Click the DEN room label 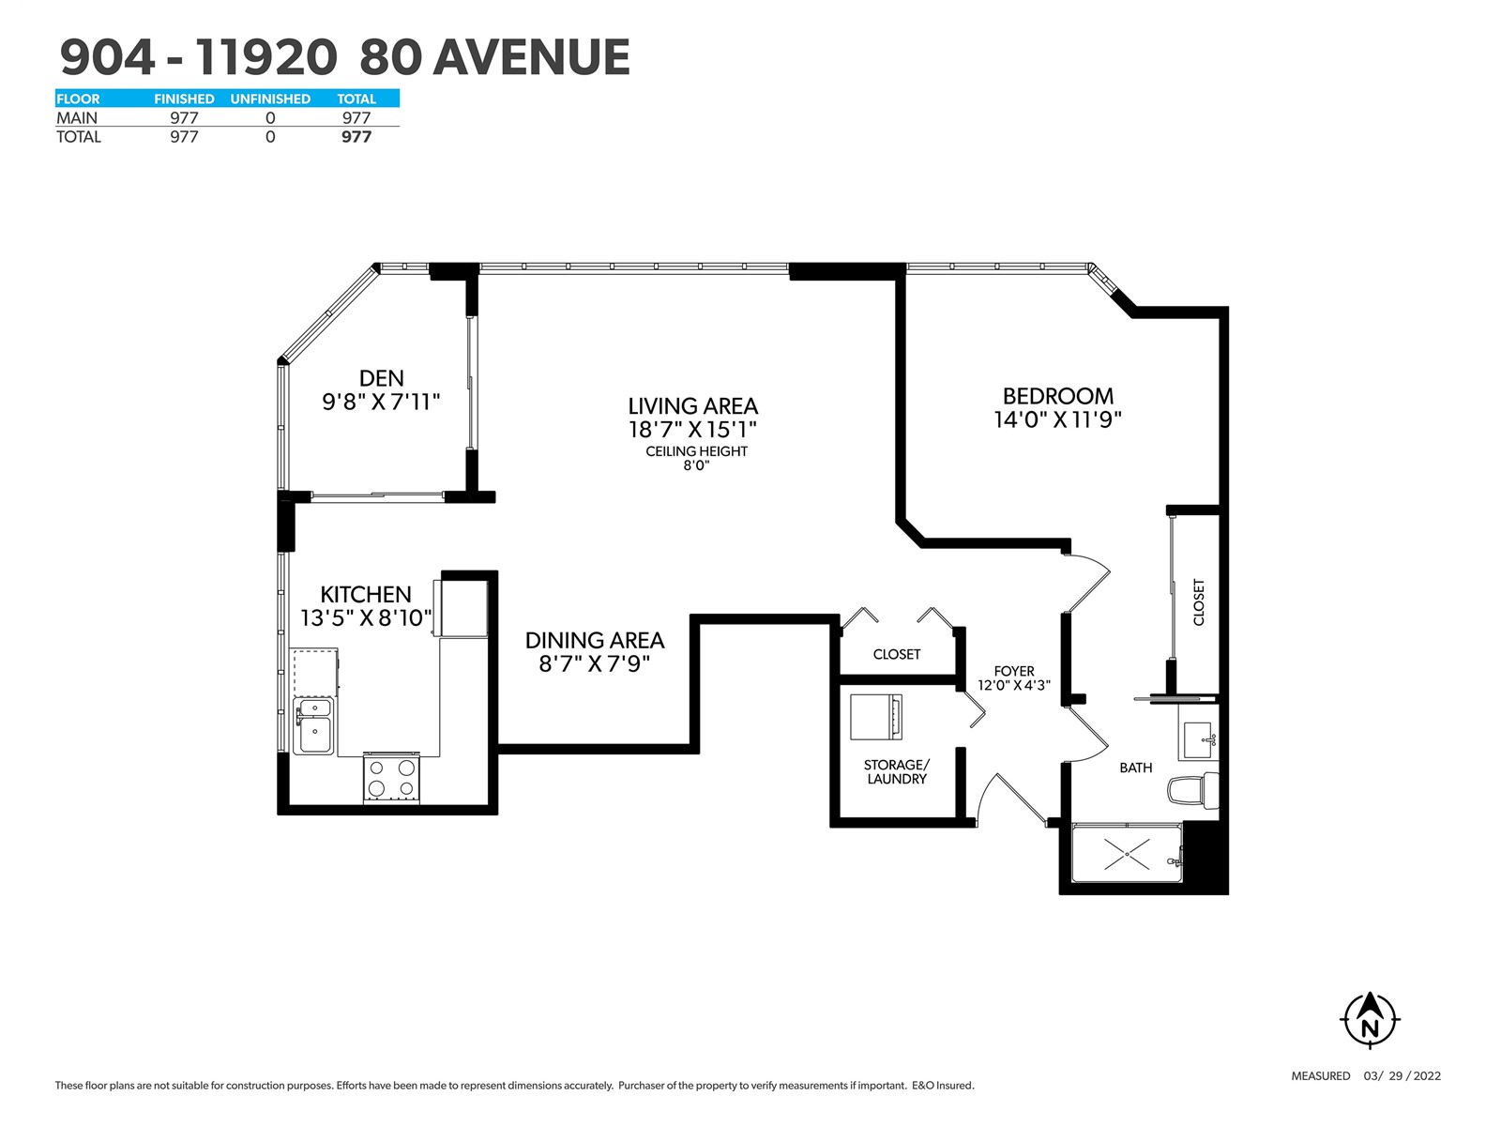[382, 378]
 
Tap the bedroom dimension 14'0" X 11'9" [1058, 419]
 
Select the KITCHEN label [366, 594]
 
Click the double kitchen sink [314, 725]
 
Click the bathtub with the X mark [1127, 853]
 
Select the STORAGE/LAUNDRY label [897, 772]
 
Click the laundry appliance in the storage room [876, 717]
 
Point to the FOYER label [1014, 671]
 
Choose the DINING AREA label [595, 641]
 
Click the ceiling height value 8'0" [696, 465]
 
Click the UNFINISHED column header [270, 99]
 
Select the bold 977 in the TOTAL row [356, 137]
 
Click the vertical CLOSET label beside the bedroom [1199, 602]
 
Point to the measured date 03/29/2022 [1402, 1076]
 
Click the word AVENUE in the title [531, 57]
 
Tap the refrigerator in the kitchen [464, 608]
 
